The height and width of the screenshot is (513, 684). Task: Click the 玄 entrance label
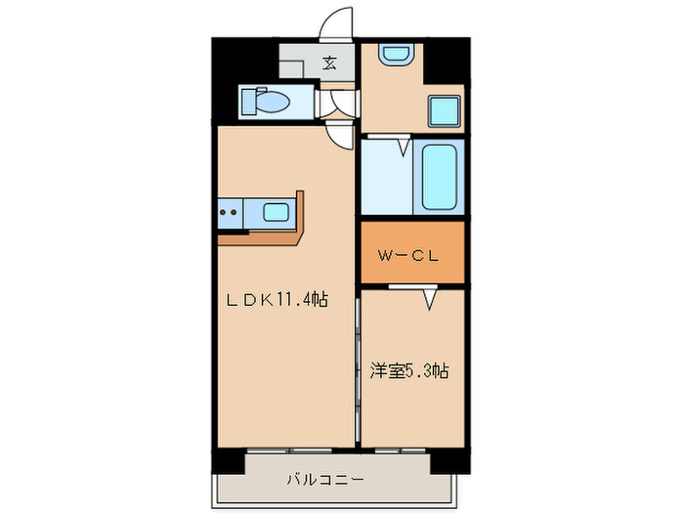point(329,64)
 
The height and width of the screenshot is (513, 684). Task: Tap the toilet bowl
point(266,101)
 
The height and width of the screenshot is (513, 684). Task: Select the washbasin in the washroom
point(396,55)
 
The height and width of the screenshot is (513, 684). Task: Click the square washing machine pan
point(445,111)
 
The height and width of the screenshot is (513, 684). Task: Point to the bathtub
point(439,178)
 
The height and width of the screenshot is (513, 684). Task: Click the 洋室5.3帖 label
point(409,371)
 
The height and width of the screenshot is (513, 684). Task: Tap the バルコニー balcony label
point(326,480)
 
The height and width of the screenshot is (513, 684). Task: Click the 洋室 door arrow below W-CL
point(429,298)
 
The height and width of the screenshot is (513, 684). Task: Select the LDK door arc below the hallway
point(341,137)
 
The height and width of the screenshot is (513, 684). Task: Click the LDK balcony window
point(290,450)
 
